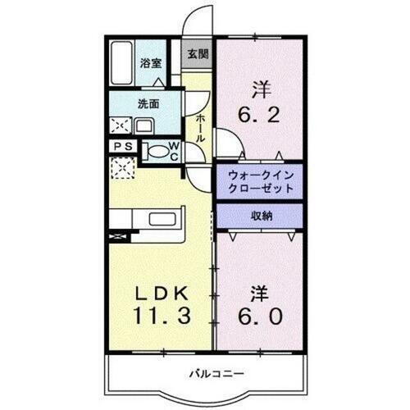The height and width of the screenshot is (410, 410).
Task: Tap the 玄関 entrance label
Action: coord(197,55)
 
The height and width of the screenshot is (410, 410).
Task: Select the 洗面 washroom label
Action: coord(148,104)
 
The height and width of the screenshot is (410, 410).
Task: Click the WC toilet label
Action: coord(174,152)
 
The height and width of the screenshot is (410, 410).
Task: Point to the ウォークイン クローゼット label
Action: coord(255,180)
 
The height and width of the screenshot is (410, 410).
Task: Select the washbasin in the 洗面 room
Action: coord(144,126)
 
